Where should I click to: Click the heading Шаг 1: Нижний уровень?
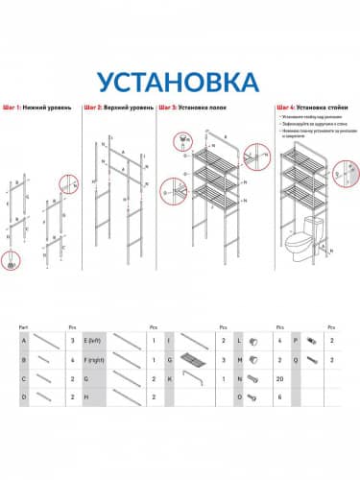39,107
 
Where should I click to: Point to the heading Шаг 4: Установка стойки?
311,107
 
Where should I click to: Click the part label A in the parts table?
23,340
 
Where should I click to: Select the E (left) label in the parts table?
93,340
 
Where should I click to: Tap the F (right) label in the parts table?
95,358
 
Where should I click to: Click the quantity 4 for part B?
73,358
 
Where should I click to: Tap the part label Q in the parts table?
298,358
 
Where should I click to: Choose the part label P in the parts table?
298,340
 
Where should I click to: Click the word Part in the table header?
23,326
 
